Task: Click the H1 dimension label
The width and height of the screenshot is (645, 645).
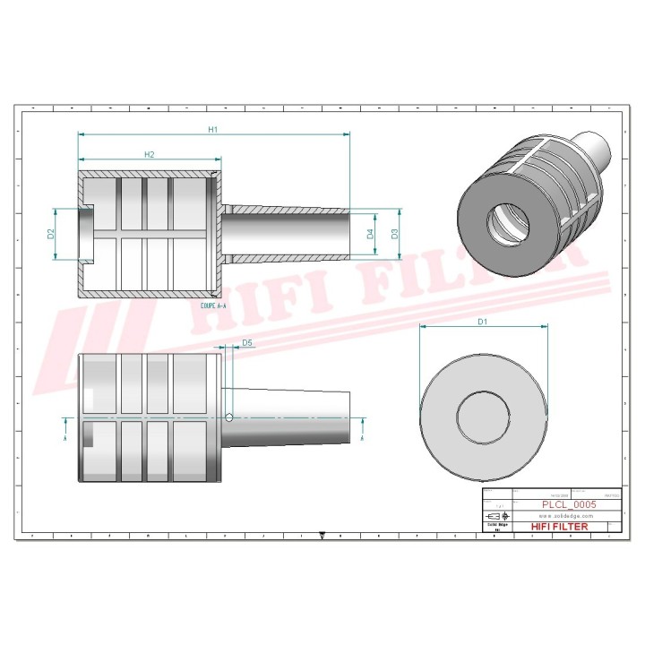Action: [213, 129]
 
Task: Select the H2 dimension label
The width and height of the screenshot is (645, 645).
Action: [150, 155]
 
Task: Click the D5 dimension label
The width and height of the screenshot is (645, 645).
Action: [247, 342]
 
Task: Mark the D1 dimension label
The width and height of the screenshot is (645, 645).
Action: [482, 321]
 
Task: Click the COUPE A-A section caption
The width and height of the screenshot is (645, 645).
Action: [209, 305]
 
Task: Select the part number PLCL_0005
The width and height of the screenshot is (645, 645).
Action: [568, 504]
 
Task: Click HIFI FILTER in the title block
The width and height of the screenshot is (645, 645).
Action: [560, 527]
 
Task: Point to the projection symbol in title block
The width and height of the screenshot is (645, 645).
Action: [494, 518]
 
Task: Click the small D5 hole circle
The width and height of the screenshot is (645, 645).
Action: [230, 417]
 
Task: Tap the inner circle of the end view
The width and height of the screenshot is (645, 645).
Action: [484, 414]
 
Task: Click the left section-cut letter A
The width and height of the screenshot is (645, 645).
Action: [65, 438]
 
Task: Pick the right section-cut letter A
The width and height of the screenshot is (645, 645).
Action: [361, 438]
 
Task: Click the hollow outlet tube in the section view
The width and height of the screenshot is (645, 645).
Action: [287, 235]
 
